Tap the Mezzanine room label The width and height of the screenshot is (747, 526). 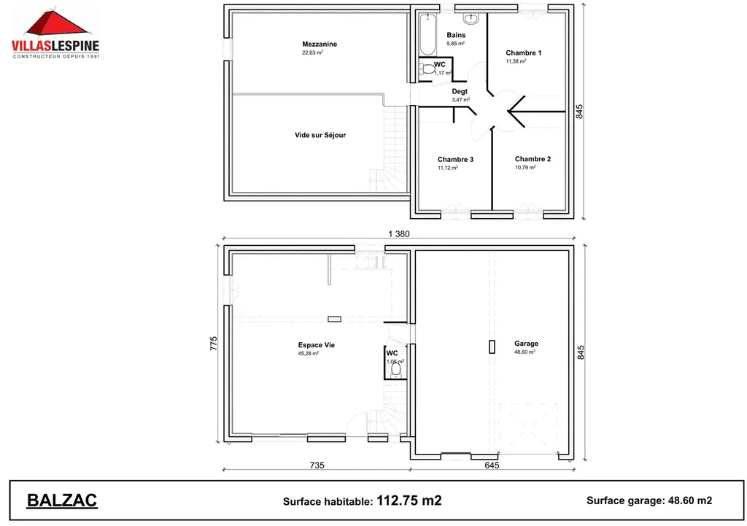(319, 45)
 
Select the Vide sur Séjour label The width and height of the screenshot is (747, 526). (320, 135)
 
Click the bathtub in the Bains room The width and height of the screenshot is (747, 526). (427, 35)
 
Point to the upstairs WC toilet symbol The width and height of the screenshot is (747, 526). (426, 69)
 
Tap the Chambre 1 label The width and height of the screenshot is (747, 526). (524, 53)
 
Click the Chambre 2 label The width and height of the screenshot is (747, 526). (533, 159)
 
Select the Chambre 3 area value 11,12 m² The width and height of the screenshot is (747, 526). (447, 168)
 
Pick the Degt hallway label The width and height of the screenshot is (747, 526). (460, 91)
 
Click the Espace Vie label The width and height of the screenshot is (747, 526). (317, 345)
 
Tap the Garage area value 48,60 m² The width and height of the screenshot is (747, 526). (525, 352)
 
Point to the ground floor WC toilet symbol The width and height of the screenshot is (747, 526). (395, 371)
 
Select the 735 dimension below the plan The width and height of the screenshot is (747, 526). (317, 465)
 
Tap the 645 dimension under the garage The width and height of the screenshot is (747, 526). (492, 465)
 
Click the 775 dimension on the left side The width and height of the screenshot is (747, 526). (214, 344)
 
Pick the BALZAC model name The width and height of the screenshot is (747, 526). (62, 500)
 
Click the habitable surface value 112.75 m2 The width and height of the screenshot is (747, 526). (409, 500)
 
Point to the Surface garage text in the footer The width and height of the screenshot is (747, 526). (624, 500)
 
